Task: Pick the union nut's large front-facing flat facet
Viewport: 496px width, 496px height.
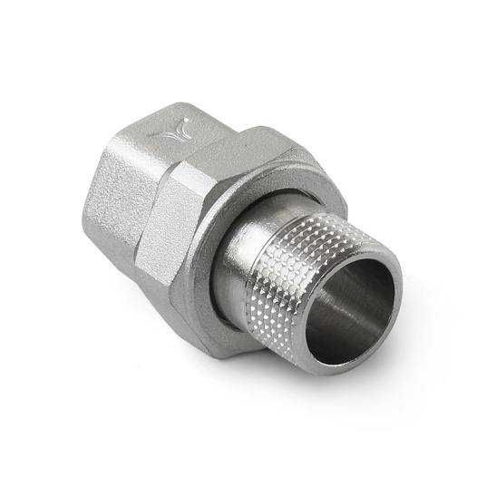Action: (x=172, y=227)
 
